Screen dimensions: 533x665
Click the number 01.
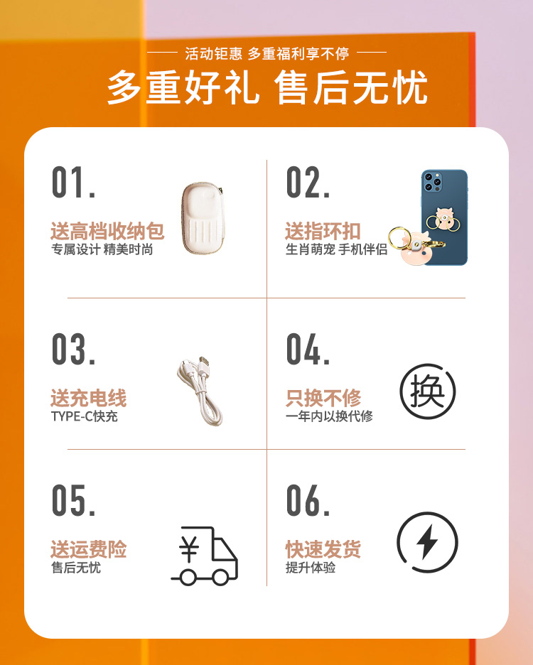click(x=73, y=183)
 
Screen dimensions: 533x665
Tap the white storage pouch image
click(x=202, y=218)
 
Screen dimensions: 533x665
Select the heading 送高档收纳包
click(x=107, y=231)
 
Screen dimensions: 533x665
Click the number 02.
click(x=308, y=183)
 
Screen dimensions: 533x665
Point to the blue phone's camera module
click(x=432, y=181)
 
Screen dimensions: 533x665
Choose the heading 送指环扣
click(x=323, y=231)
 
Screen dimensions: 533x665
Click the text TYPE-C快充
click(x=84, y=416)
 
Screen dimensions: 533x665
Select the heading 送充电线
click(x=88, y=399)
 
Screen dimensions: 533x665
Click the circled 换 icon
click(x=427, y=391)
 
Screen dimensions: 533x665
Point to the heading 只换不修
click(x=323, y=399)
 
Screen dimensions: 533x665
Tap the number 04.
click(x=308, y=349)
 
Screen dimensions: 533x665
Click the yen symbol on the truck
click(x=189, y=550)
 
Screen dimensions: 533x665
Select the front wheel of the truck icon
click(x=221, y=577)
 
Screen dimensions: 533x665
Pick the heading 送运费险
click(x=88, y=549)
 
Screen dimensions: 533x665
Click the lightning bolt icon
click(x=427, y=542)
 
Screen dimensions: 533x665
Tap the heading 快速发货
click(x=323, y=549)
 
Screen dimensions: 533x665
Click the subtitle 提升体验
click(x=311, y=568)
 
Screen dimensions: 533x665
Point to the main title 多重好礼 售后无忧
click(x=267, y=88)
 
